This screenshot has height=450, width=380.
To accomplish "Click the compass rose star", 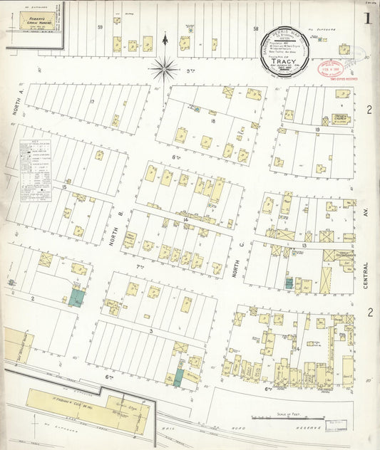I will (164, 68).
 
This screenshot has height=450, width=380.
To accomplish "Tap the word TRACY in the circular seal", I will (289, 61).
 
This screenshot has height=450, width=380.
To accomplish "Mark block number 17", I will (92, 103).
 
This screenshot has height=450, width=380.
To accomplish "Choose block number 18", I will (212, 122).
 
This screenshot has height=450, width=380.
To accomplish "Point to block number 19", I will (317, 129).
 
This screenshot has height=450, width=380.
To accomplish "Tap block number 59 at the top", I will (101, 27).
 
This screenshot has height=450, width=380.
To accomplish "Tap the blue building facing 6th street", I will (178, 377).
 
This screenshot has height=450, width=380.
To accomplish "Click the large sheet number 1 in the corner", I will (367, 19).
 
